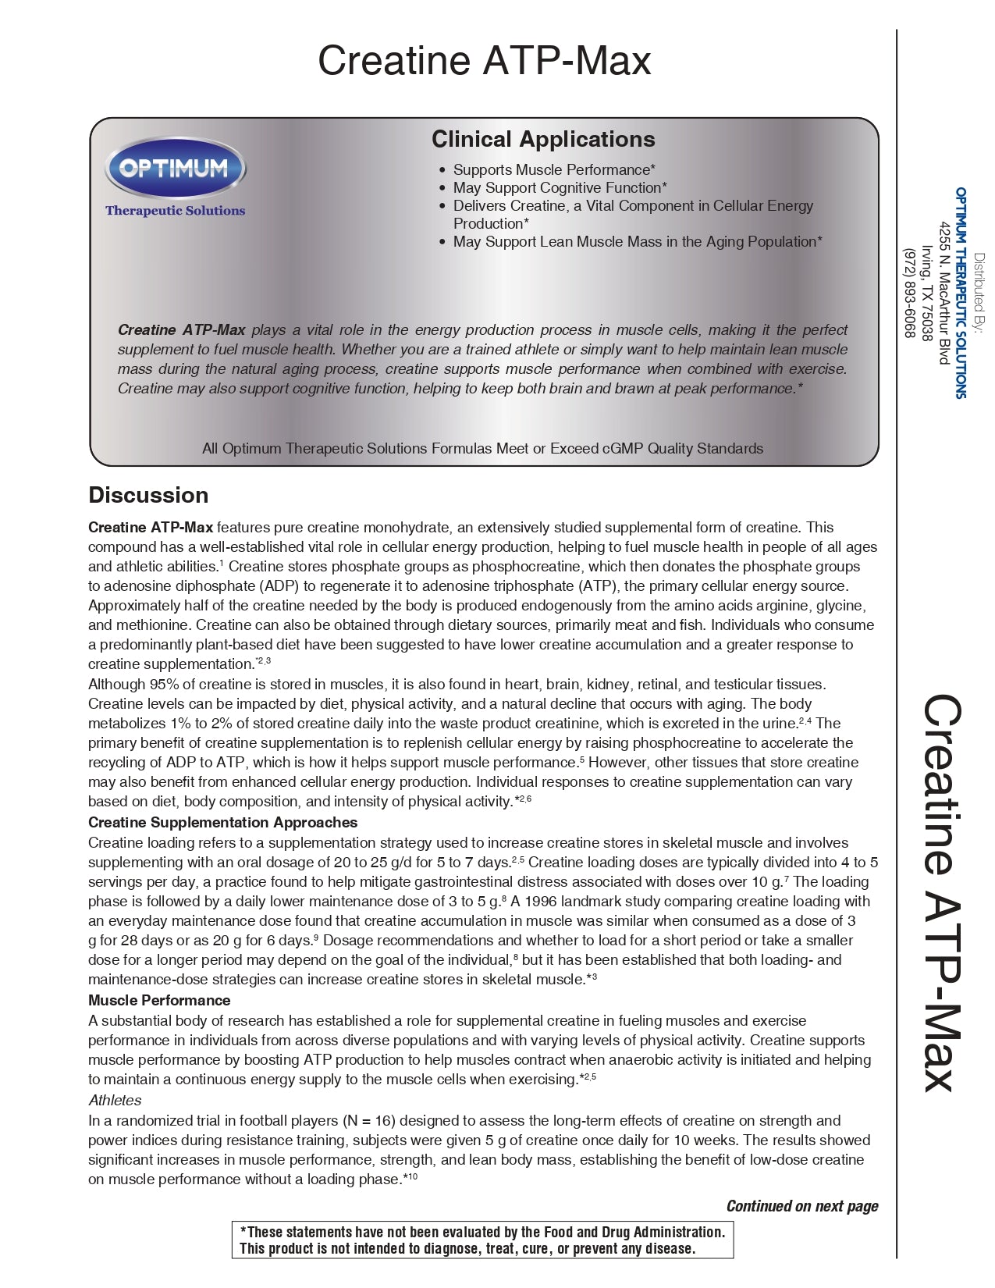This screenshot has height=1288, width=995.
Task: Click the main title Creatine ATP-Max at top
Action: pos(484,61)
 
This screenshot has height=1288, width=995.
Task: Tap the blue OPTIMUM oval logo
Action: pos(175,168)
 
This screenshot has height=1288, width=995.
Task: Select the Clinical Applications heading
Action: pos(543,139)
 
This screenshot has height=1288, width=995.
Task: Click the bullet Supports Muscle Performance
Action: pos(554,169)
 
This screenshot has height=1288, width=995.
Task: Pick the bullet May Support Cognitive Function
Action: pos(560,187)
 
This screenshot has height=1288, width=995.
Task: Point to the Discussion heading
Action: pos(148,495)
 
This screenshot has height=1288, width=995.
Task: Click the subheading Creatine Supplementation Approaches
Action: pos(222,822)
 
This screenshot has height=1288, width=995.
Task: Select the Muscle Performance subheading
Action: pos(159,1000)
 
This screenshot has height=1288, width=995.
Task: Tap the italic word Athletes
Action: pos(115,1100)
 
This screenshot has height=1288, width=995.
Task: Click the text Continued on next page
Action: pos(801,1206)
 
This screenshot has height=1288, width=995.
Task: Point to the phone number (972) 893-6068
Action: pos(909,293)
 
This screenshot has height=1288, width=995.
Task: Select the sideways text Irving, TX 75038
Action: pos(927,293)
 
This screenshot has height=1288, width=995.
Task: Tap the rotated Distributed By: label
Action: pos(979,293)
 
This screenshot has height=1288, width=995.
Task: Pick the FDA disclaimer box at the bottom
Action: pos(482,1240)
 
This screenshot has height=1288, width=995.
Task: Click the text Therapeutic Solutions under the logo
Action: pos(175,211)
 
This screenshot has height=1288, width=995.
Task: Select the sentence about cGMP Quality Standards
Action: pos(482,448)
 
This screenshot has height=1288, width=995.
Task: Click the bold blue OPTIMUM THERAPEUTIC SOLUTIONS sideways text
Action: pos(961,293)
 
